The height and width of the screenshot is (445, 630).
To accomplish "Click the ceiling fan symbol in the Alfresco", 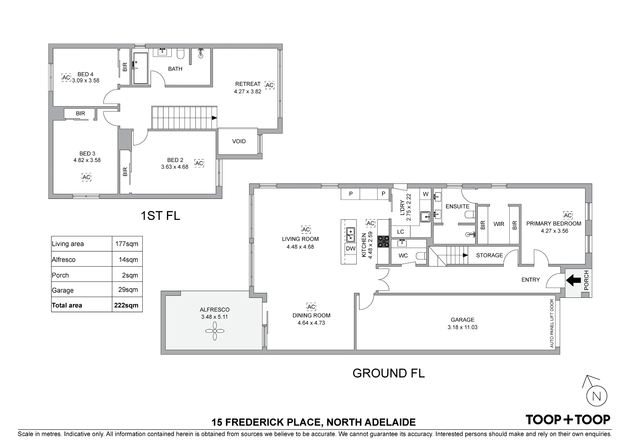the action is pos(215,331).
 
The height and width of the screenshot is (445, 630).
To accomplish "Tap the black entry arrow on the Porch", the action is pos(573,280).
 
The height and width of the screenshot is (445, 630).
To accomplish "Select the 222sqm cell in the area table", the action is pos(126,305).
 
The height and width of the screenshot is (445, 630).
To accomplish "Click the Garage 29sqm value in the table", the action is pos(128,290).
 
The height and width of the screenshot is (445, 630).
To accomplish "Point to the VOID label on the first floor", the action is pos(239,141).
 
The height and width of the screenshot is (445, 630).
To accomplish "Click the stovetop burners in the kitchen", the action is pos(383,241).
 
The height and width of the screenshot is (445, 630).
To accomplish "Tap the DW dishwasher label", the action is pos(351,248).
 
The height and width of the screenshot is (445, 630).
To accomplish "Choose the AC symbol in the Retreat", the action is pos(270,85).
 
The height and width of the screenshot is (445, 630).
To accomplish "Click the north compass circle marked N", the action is pos(597,397).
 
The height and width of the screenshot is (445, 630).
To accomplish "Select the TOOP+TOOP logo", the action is pos(568,420).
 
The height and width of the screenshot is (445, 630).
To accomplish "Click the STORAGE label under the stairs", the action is pos(490,255).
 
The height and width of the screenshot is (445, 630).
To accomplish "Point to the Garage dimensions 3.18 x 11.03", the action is pos(462,327).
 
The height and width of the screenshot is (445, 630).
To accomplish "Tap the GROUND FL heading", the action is pos(389,373).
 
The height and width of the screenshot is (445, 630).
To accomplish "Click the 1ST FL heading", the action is pos(160,216).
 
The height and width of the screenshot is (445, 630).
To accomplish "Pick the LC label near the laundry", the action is pos(400,232).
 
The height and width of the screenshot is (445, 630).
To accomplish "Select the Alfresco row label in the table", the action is pos(64,260).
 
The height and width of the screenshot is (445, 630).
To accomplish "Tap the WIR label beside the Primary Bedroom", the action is pos(499,224).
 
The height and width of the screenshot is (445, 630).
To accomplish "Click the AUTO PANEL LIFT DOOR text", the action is pos(552,323).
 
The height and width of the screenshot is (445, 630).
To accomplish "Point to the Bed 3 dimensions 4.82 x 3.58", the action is pos(87,160).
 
